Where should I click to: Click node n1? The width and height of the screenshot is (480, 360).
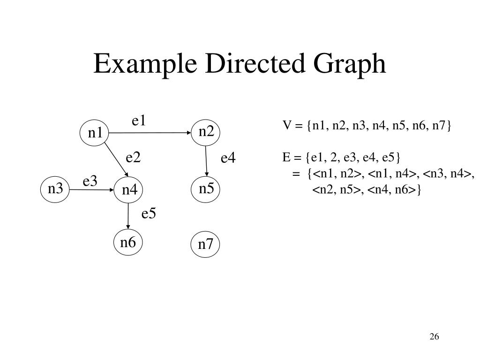click(x=95, y=133)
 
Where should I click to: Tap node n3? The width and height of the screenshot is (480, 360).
click(x=55, y=189)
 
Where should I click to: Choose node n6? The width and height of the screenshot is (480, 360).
click(x=128, y=243)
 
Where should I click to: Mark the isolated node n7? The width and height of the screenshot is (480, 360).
click(x=206, y=245)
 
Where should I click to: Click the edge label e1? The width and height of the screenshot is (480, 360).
click(x=139, y=121)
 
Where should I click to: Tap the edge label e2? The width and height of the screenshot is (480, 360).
click(x=133, y=158)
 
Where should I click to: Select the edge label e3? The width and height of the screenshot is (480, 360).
click(x=90, y=181)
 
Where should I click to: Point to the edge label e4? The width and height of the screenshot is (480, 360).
click(x=228, y=158)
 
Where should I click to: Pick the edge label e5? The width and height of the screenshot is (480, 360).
click(x=149, y=214)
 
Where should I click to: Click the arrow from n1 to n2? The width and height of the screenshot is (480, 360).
click(x=150, y=133)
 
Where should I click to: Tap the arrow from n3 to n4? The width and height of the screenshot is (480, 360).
click(x=92, y=190)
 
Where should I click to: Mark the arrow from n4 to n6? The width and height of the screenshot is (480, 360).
click(x=128, y=217)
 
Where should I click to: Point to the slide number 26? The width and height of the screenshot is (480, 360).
click(x=434, y=337)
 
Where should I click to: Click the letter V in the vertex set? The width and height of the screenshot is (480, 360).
click(x=286, y=126)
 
